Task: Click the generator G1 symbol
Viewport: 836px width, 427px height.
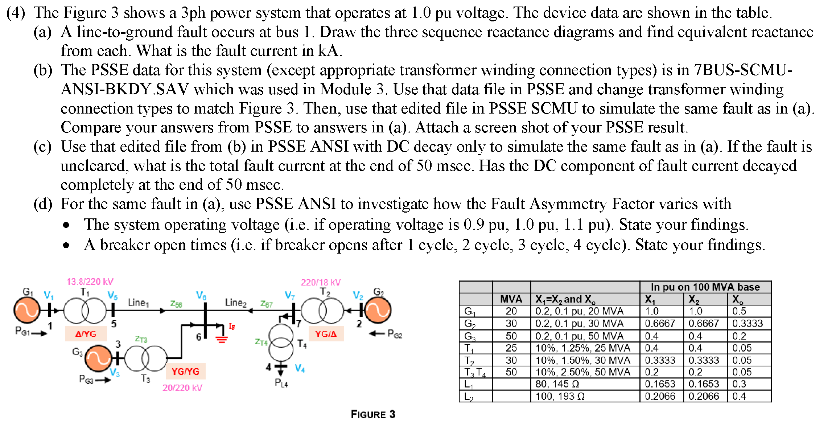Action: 26,310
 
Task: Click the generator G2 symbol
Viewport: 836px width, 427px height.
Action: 378,310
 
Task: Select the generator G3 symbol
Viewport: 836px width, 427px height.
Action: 98,358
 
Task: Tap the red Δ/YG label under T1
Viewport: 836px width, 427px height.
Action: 86,334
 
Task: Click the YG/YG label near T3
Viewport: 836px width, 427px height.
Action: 185,371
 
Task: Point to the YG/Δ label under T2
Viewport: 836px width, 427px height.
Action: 326,334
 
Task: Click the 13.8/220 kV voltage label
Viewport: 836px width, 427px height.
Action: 90,282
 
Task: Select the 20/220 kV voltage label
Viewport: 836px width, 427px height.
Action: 182,388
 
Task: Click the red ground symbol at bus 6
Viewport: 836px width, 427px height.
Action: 222,339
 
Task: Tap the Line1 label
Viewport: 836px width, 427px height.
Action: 138,303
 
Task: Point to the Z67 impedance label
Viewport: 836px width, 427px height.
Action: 266,304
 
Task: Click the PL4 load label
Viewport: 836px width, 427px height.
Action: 281,383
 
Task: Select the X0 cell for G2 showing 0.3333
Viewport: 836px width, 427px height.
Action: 747,323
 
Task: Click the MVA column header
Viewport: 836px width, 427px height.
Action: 511,299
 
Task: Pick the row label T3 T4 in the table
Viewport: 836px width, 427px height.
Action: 475,372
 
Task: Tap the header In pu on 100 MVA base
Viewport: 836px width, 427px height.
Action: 705,287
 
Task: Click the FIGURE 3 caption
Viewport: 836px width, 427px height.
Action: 373,414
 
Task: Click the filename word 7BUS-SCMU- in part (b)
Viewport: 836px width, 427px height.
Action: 743,70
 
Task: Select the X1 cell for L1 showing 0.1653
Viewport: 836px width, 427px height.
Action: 660,384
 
